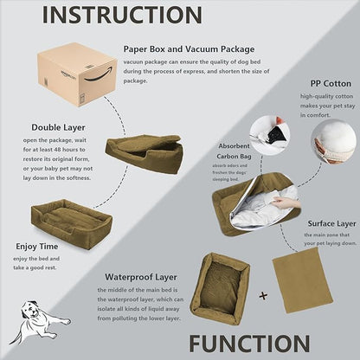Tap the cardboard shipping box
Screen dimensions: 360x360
pyautogui.click(x=77, y=74)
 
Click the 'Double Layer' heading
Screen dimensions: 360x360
pyautogui.click(x=59, y=126)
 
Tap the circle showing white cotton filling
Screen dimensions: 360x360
pyautogui.click(x=334, y=141)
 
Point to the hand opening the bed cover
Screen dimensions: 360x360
pyautogui.click(x=285, y=202)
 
